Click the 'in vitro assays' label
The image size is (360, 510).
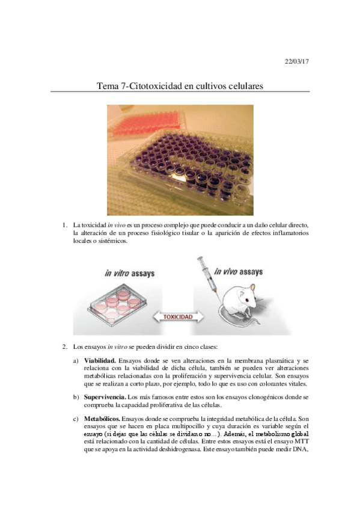[129, 273]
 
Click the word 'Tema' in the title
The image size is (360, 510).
[109, 86]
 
